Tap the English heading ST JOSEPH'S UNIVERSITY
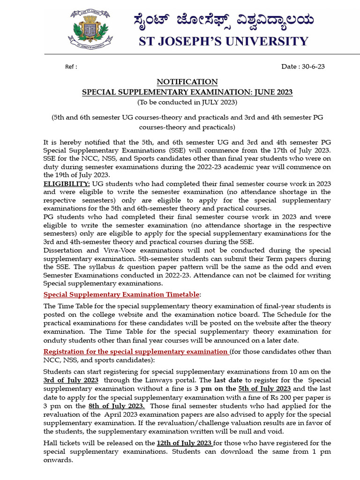pyautogui.click(x=223, y=41)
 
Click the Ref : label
pyautogui.click(x=71, y=67)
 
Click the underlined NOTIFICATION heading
pyautogui.click(x=187, y=82)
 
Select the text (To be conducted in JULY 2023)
pyautogui.click(x=187, y=102)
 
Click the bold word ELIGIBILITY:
pyautogui.click(x=67, y=183)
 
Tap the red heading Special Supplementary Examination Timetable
pyautogui.click(x=121, y=294)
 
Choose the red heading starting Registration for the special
pyautogui.click(x=136, y=352)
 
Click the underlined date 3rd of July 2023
pyautogui.click(x=71, y=380)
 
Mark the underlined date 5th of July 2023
pyautogui.click(x=264, y=389)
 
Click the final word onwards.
pyautogui.click(x=58, y=460)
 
